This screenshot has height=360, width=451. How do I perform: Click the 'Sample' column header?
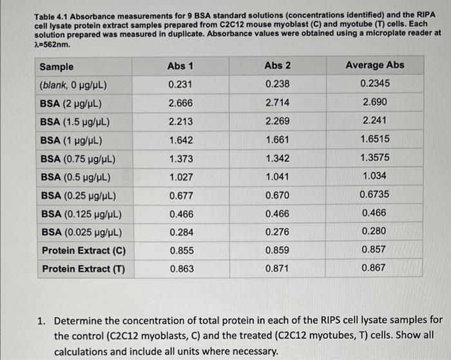point(57,66)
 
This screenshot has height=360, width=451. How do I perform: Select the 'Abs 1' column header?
point(180,66)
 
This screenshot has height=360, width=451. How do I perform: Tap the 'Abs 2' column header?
point(277,66)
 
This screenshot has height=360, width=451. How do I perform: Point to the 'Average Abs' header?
point(375,65)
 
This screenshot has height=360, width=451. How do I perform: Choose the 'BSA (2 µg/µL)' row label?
point(71,104)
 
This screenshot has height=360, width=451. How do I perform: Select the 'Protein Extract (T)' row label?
point(83,269)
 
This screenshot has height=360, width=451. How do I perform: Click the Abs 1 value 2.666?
point(180,103)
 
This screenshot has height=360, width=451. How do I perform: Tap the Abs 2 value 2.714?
point(277,103)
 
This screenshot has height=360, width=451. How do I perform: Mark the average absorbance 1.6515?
point(375,138)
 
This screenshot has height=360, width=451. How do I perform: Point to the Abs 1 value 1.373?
point(180,158)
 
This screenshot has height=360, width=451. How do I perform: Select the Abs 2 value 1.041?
point(278,177)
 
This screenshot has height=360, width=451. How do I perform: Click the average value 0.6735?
point(375,194)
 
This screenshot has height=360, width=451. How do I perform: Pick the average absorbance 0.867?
point(374,268)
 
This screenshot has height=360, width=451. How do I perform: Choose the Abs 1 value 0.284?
point(181,232)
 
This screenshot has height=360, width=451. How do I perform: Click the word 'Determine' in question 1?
point(79,320)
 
